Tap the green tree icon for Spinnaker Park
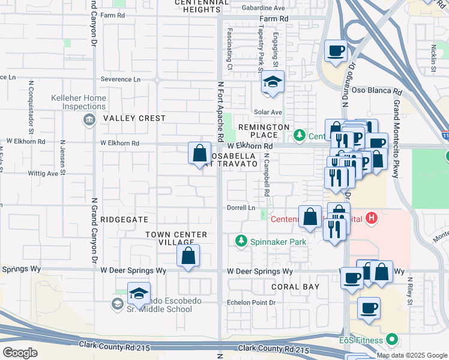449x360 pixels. pyautogui.click(x=241, y=241)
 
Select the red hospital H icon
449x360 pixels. pyautogui.click(x=372, y=218)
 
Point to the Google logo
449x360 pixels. pyautogui.click(x=20, y=353)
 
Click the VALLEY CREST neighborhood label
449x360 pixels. pyautogui.click(x=134, y=118)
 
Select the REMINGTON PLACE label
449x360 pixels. pyautogui.click(x=264, y=131)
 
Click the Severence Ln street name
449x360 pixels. pyautogui.click(x=120, y=79)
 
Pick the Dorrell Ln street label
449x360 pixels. pyautogui.click(x=240, y=208)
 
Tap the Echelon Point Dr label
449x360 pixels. pyautogui.click(x=250, y=302)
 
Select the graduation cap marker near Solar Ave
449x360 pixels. pyautogui.click(x=273, y=83)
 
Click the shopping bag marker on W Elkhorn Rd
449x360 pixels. pyautogui.click(x=200, y=153)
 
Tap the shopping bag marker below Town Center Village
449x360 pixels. pyautogui.click(x=188, y=256)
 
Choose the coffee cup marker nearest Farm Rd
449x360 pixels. pyautogui.click(x=336, y=51)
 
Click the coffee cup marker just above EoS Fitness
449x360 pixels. pyautogui.click(x=369, y=308)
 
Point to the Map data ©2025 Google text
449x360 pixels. pyautogui.click(x=411, y=355)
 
